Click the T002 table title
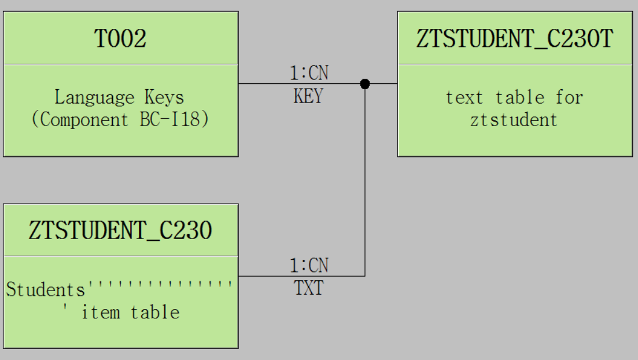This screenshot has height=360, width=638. (x=120, y=39)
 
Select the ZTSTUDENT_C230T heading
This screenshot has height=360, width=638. (x=514, y=39)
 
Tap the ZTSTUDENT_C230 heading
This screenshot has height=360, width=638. (x=120, y=231)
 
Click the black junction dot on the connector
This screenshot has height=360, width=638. (x=365, y=84)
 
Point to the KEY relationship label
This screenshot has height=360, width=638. (x=308, y=96)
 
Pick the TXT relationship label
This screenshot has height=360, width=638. (x=308, y=288)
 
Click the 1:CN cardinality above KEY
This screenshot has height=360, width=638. (x=309, y=73)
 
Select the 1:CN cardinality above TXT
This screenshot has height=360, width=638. (x=309, y=266)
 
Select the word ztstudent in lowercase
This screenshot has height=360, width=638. (x=514, y=120)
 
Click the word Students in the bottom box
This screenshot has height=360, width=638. (x=46, y=289)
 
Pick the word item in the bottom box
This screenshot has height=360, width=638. (x=101, y=313)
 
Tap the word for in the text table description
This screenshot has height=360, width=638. (x=569, y=97)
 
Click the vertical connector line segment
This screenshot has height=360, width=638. (x=365, y=185)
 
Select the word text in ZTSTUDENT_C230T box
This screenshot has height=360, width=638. (x=464, y=97)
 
